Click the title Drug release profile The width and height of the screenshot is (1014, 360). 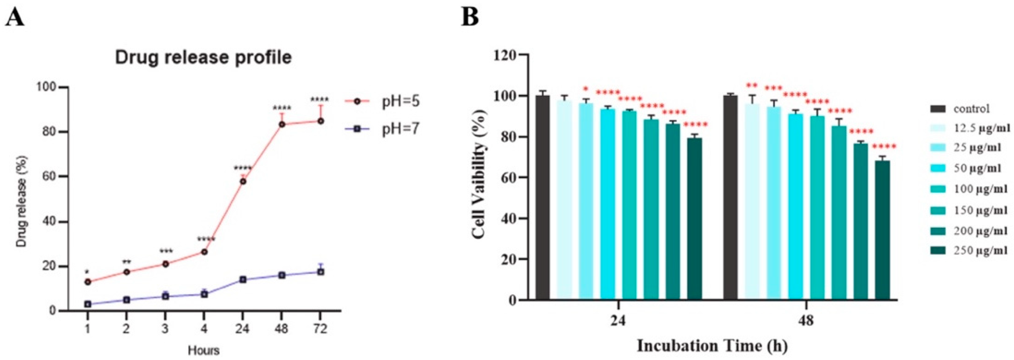(203, 58)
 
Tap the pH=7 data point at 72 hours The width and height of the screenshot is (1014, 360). (321, 272)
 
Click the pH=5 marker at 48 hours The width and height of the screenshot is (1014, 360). (282, 124)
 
